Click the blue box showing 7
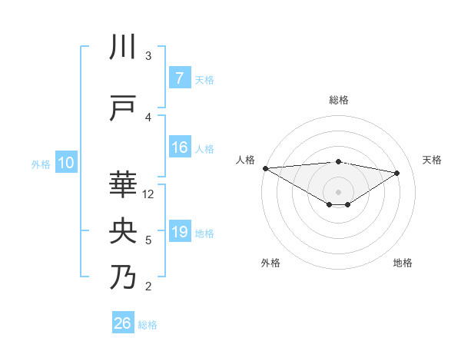[x=179, y=78]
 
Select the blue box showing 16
[x=179, y=147]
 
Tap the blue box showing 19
[x=179, y=232]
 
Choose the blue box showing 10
[x=66, y=162]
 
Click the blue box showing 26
[x=123, y=323]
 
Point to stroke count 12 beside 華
[x=148, y=194]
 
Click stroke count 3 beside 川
[x=148, y=56]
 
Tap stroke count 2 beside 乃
[x=148, y=286]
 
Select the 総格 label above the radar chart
[x=338, y=100]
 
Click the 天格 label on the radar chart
[x=432, y=160]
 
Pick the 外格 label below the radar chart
[x=270, y=263]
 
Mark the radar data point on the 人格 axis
[x=265, y=167]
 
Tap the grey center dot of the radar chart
[x=338, y=191]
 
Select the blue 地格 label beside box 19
[x=204, y=233]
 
